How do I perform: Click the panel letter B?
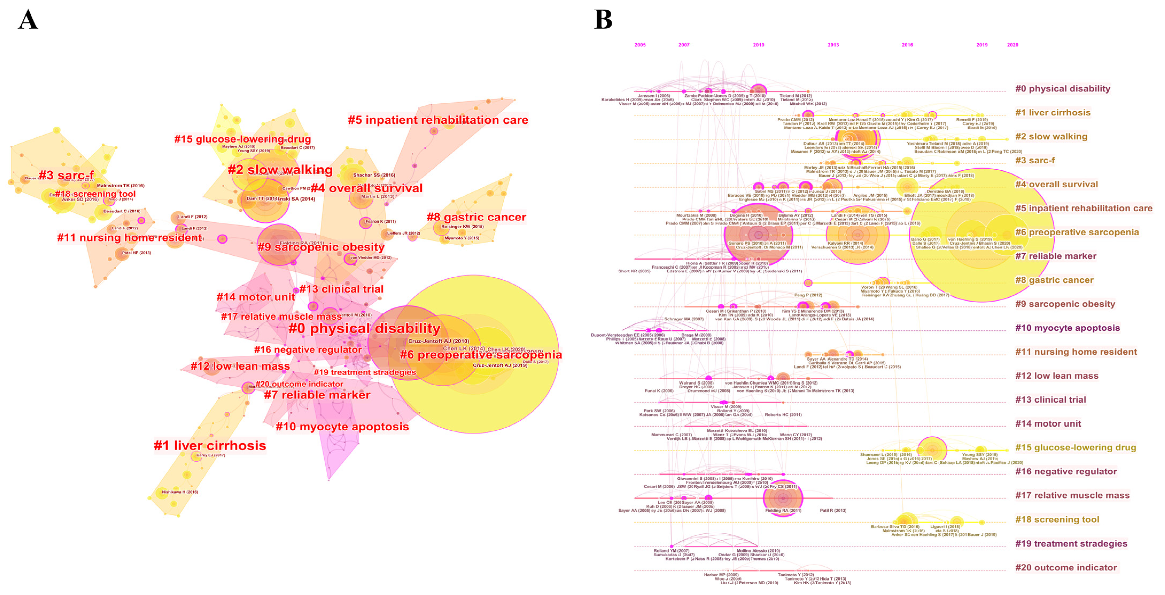point(603,20)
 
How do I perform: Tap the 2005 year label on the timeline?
point(640,45)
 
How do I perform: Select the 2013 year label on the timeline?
point(833,45)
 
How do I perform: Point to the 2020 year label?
point(1013,45)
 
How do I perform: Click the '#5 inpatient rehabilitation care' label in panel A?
point(438,120)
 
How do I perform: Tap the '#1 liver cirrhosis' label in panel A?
point(210,445)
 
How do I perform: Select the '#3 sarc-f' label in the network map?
point(67,175)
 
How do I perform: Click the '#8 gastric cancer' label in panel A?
point(476,217)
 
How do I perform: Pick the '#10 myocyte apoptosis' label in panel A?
point(342,426)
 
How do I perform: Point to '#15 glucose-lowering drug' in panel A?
point(243,139)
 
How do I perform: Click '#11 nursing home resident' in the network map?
point(130,237)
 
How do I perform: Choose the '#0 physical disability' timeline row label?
point(1062,89)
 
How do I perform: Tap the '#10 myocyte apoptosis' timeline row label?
point(1067,328)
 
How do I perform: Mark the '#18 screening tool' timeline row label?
point(1057,520)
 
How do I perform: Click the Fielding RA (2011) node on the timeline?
point(783,498)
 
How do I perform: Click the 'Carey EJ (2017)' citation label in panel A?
point(210,455)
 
